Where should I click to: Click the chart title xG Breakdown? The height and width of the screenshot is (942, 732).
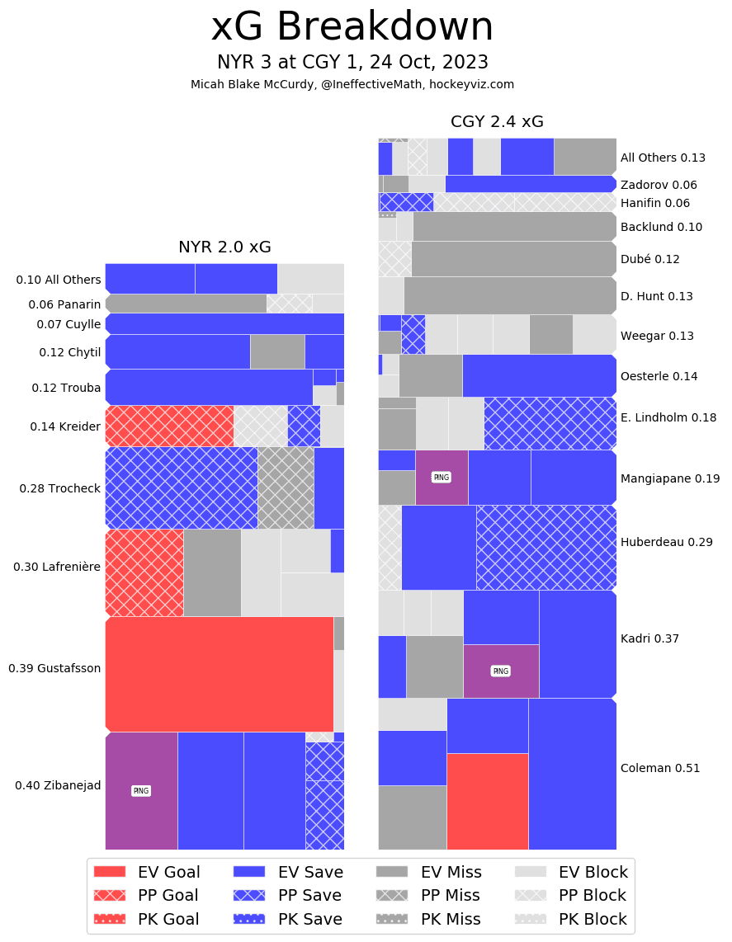click(x=352, y=27)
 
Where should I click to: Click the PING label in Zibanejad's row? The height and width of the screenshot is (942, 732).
click(x=141, y=791)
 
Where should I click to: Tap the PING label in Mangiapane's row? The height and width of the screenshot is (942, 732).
click(x=442, y=478)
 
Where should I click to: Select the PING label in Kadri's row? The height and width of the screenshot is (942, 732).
click(x=501, y=671)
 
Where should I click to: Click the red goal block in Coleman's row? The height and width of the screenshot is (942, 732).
click(x=487, y=801)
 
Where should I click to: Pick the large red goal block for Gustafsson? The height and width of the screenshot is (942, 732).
click(x=219, y=674)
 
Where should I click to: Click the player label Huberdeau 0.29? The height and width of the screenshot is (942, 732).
click(x=654, y=542)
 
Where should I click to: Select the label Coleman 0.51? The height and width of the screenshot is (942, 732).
click(x=659, y=768)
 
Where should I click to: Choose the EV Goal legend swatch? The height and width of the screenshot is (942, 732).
click(x=110, y=872)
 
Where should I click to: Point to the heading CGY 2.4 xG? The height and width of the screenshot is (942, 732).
click(x=497, y=122)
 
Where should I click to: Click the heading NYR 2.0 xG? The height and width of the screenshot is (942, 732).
click(x=224, y=247)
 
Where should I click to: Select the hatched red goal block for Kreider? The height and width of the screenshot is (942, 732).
click(x=169, y=426)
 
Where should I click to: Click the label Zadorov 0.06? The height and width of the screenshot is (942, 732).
click(x=659, y=185)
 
